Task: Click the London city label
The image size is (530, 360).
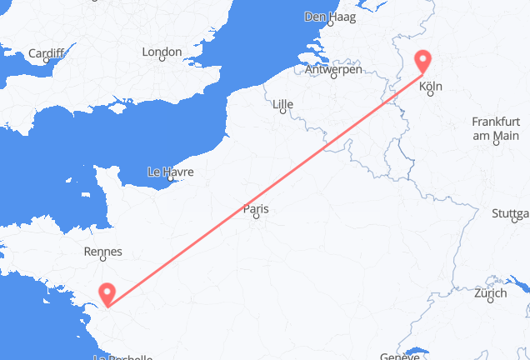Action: click(162, 52)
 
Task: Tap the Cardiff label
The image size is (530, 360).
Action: click(46, 54)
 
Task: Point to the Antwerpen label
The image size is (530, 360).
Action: click(333, 71)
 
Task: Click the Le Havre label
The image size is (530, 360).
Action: click(170, 172)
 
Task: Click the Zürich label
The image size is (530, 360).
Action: click(489, 294)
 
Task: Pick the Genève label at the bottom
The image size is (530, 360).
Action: click(399, 356)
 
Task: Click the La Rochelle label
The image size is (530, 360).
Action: click(123, 357)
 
